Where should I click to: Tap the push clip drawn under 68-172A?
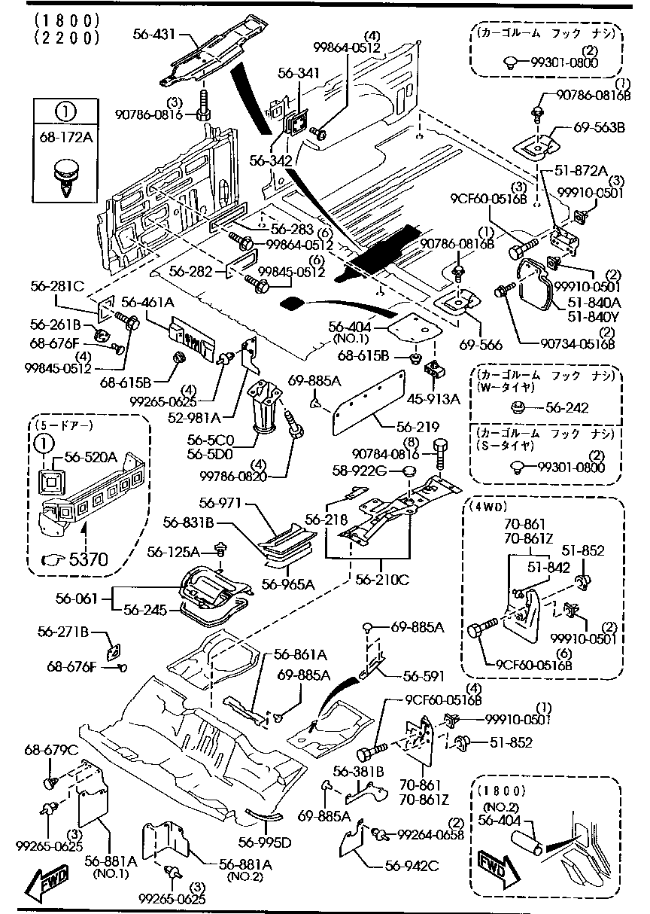click(x=65, y=178)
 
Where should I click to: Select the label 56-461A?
click(x=147, y=303)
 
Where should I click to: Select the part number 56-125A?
click(x=173, y=552)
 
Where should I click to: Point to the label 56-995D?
click(x=264, y=842)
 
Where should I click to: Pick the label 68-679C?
click(x=51, y=749)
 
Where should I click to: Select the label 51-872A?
click(x=581, y=172)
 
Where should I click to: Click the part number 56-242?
click(x=566, y=407)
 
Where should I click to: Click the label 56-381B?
click(x=359, y=771)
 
